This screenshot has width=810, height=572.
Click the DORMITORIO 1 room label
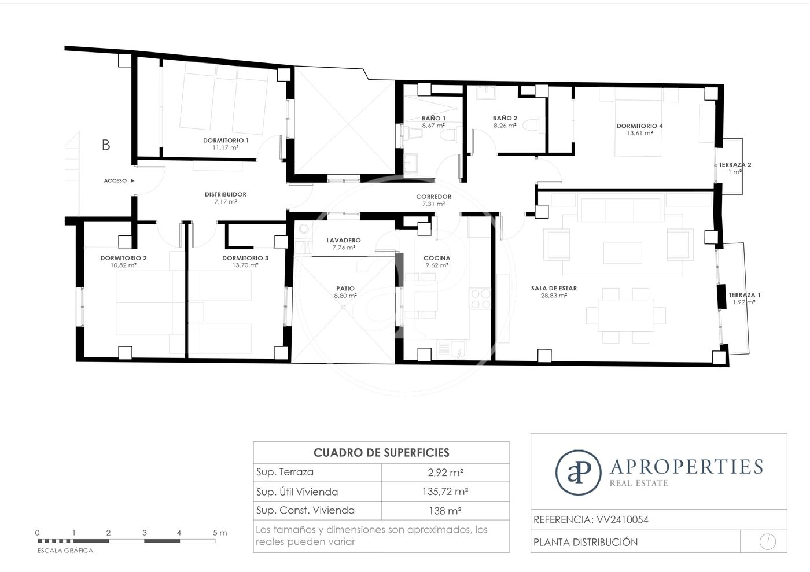[x=226, y=141]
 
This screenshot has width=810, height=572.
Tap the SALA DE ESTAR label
[x=554, y=288]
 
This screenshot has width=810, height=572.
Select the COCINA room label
[x=437, y=258]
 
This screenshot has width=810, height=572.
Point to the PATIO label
[x=345, y=289]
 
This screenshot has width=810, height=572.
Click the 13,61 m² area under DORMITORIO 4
[x=640, y=133]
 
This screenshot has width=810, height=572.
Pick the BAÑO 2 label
[x=505, y=118]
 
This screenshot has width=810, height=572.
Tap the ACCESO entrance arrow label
[x=119, y=180]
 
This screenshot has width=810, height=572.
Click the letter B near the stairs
[x=106, y=145]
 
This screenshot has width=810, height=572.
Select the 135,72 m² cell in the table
[x=445, y=492]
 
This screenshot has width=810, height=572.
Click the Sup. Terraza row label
[x=285, y=472]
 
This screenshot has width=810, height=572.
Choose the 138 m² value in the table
[x=445, y=511]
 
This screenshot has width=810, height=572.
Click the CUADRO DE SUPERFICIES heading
[x=381, y=453]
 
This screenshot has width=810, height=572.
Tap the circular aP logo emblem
[x=578, y=473]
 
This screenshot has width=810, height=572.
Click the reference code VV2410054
[x=623, y=519]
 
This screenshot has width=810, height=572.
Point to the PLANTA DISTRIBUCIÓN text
[x=586, y=543]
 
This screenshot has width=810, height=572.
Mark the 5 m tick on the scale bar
[x=215, y=541]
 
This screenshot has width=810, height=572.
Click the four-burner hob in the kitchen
[x=480, y=298]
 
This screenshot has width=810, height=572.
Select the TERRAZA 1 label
[x=744, y=295]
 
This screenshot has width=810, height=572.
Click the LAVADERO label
[x=344, y=241]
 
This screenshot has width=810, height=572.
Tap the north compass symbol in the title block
[x=768, y=541]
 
